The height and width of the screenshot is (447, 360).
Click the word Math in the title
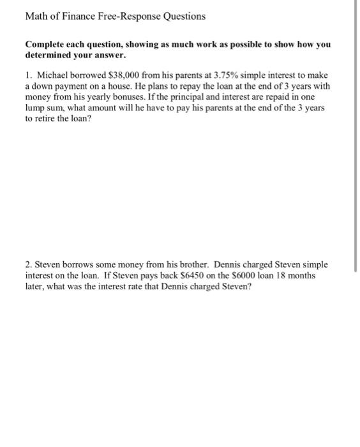tap(36, 16)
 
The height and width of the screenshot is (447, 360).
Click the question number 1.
tap(28, 75)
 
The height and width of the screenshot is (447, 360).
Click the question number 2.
tap(28, 264)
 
